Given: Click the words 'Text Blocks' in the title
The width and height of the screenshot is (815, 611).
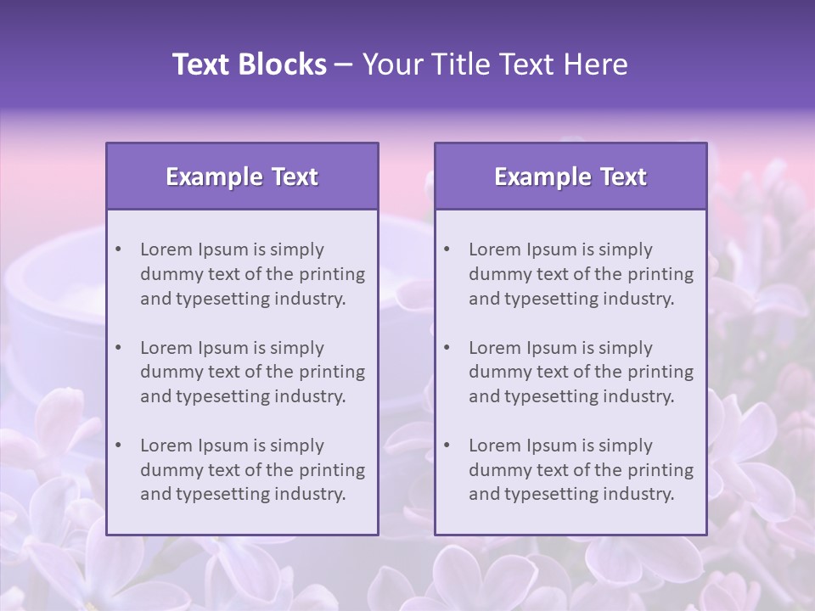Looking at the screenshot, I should (250, 64).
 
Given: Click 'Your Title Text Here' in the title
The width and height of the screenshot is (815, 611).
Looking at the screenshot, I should (495, 64).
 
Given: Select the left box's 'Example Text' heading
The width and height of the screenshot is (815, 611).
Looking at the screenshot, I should (242, 177).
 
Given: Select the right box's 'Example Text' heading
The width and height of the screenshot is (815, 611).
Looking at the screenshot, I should (570, 177).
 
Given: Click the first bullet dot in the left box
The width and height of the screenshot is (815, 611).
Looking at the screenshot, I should (119, 249).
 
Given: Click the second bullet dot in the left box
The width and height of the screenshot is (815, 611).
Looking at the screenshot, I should (119, 348).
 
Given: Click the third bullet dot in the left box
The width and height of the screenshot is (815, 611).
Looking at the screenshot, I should (119, 446).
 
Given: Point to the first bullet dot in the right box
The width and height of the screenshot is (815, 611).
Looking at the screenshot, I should (447, 249).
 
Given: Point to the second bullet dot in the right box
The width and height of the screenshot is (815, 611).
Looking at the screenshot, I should (447, 348).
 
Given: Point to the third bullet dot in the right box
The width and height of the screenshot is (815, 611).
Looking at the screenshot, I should (447, 446).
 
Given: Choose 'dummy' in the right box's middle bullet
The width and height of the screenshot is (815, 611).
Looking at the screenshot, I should (496, 372).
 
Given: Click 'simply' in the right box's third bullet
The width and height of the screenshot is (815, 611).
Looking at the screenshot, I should (625, 446).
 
